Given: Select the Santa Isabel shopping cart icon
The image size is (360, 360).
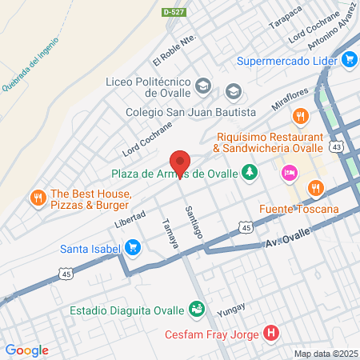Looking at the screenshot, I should [134, 248].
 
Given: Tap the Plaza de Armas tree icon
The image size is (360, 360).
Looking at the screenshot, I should [250, 171].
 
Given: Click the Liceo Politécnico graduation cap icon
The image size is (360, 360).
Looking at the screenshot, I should [203, 83].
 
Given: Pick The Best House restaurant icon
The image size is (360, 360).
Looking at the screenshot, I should [37, 197].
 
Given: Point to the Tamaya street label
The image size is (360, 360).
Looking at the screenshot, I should [169, 233].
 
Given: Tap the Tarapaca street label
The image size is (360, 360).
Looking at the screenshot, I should [286, 17].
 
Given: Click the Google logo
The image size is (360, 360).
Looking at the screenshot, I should [27, 350].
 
